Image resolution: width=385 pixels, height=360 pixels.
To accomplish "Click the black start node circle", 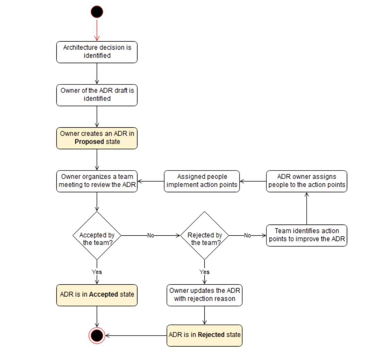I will [97, 12].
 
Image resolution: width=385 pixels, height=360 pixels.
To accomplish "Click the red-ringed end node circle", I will [97, 336].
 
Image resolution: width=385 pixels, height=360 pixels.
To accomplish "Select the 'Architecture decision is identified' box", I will [97, 52].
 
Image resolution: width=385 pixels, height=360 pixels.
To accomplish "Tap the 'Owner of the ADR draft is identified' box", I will [97, 95].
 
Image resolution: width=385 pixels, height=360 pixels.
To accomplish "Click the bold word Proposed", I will [89, 142].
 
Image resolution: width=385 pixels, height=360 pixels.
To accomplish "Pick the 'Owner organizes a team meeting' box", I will [97, 181].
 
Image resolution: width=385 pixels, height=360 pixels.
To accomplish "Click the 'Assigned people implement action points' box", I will [202, 181].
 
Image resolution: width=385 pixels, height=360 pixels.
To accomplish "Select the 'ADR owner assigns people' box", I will [306, 181].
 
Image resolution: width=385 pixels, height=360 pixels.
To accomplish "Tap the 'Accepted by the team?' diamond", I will [97, 236].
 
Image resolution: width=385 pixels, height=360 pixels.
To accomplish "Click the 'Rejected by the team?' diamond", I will [204, 236].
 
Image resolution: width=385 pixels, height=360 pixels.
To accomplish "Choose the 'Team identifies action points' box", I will [306, 235].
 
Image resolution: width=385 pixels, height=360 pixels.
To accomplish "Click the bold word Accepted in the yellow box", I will [103, 294].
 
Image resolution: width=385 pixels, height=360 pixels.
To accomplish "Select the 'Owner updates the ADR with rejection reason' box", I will [204, 295].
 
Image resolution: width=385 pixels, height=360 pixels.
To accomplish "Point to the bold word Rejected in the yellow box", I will [211, 335].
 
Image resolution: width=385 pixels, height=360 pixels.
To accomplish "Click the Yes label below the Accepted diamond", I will [97, 272].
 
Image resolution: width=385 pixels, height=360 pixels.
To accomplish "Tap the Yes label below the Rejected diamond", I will [204, 272].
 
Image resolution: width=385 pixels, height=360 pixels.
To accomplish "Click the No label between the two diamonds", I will [151, 235].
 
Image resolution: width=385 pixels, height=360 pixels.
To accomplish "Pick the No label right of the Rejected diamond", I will [248, 235].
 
